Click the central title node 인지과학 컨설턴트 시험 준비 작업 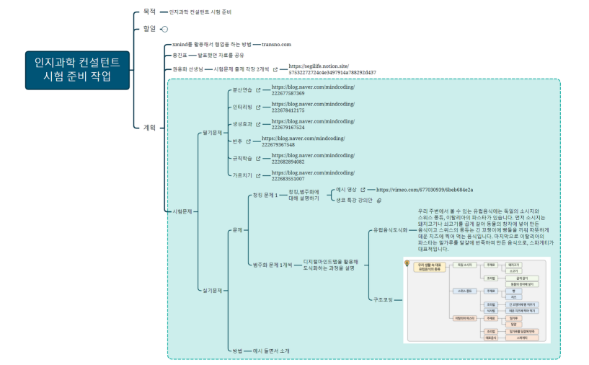coord(77,70)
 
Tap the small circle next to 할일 coord(165,29)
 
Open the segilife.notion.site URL coord(332,69)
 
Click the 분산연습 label coord(242,90)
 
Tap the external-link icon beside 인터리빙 coord(258,107)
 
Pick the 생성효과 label coord(242,124)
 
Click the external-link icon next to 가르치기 coord(258,175)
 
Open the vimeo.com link coord(425,190)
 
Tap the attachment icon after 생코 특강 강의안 coord(380,201)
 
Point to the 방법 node coord(236,350)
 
